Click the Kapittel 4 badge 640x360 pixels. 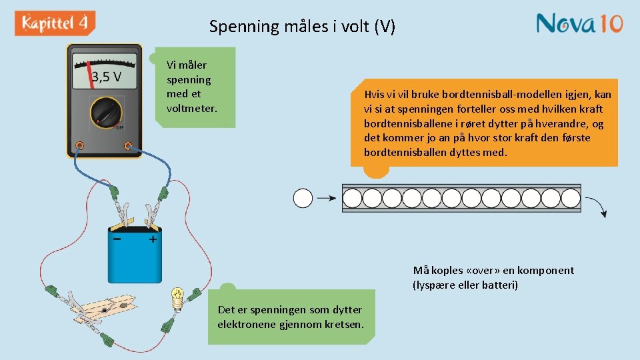point(55,23)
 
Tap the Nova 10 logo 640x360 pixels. point(579,23)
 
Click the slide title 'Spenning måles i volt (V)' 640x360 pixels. point(302,27)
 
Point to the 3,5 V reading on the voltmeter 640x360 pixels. point(107,77)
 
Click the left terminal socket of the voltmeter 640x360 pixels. point(79,145)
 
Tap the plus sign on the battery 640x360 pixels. point(153,239)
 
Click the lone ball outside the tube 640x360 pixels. point(303,198)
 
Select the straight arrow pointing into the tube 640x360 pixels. point(326,198)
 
